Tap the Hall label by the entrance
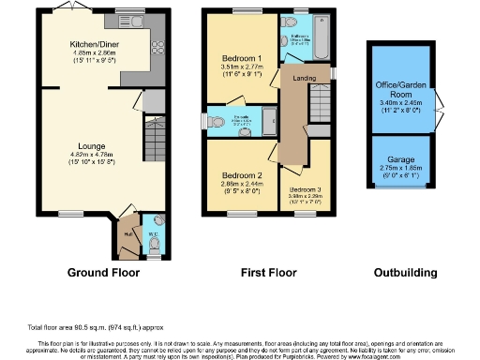(x=127, y=223)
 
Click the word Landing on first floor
(x=304, y=79)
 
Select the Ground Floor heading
(x=103, y=274)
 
